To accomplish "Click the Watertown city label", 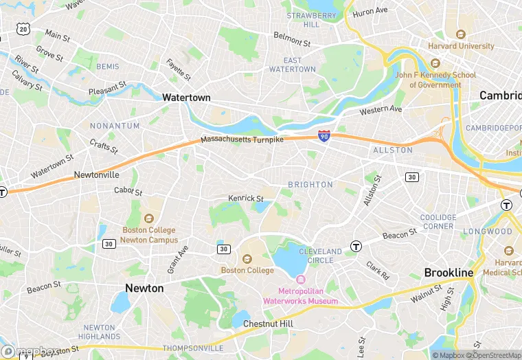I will click(x=186, y=98).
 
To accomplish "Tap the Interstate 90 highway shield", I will click(x=324, y=136).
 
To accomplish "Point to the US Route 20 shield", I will click(x=24, y=28).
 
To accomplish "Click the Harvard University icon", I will click(x=461, y=34).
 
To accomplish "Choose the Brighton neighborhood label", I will click(x=310, y=185).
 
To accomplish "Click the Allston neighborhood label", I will click(x=393, y=150).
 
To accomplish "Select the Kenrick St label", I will click(x=246, y=199).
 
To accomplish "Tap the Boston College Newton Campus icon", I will click(x=149, y=218).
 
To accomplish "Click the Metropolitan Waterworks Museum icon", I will click(x=300, y=280).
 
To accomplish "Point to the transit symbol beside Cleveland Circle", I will click(x=356, y=246).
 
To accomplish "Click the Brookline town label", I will click(x=449, y=273).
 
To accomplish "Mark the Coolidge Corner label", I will click(x=438, y=222).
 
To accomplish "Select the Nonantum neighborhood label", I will click(x=115, y=126).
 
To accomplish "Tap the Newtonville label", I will click(x=97, y=175).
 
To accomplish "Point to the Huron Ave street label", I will click(x=370, y=12).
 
